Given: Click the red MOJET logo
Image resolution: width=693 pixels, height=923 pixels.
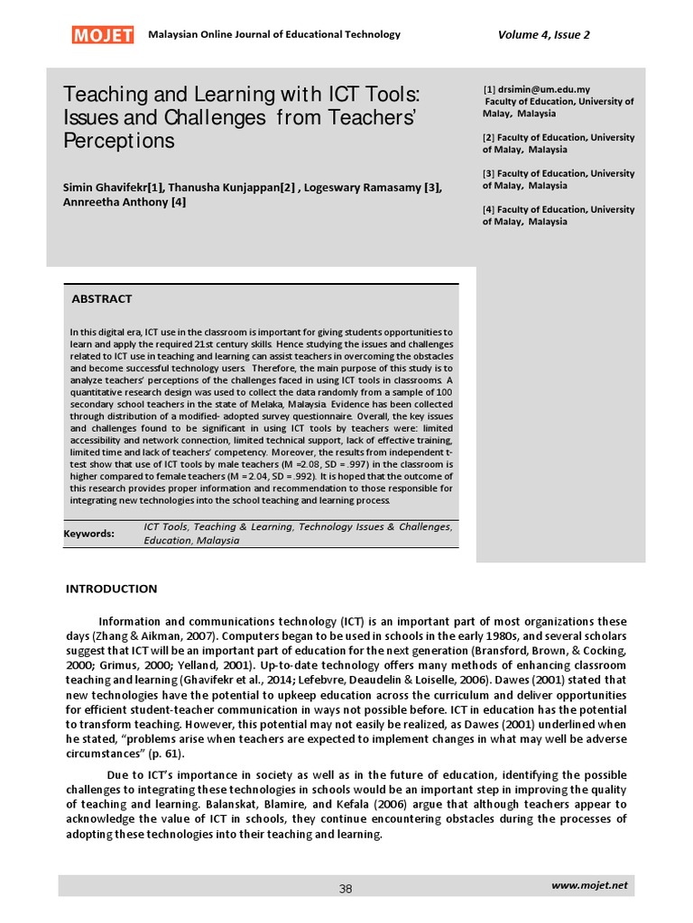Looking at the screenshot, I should pos(103,34).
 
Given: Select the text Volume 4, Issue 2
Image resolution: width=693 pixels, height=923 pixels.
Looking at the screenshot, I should pos(543,34).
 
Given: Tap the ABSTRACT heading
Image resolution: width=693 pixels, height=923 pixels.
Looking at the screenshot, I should pos(101,298).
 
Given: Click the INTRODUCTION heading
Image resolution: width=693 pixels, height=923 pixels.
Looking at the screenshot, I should pos(111,589).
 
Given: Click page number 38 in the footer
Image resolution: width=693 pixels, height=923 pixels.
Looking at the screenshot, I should pos(346,889).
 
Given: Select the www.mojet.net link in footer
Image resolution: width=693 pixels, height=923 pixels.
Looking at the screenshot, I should pos(588,887).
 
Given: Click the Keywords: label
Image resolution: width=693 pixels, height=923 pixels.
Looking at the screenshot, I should pos(88,534).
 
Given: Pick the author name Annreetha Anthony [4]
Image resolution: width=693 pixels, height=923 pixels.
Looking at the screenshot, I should pos(125,202).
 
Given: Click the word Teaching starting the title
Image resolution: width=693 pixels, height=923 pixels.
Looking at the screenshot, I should pos(99,95).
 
